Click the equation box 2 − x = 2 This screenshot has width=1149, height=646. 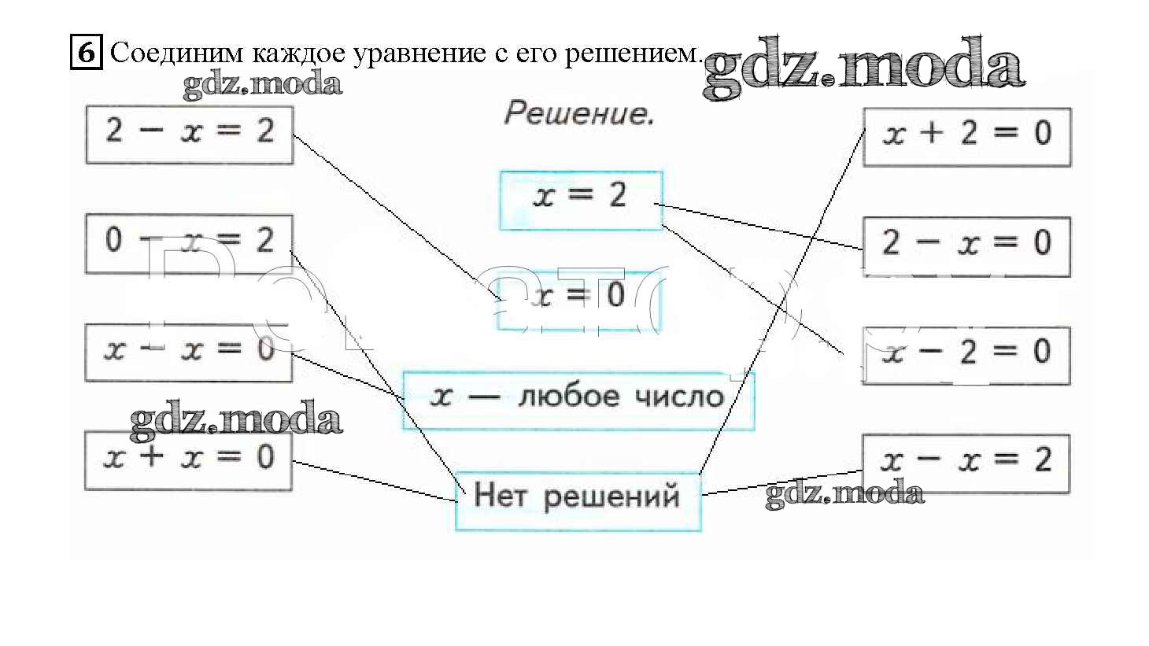pos(189,135)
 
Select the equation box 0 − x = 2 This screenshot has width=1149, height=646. pos(189,243)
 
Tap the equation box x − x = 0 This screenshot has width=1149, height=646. pos(189,352)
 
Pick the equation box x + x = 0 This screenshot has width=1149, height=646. pos(189,460)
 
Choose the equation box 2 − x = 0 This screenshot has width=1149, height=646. pos(966,246)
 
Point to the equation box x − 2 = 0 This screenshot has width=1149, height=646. pos(966,355)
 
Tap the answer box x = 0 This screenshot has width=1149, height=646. pos(579,300)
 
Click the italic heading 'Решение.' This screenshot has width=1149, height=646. pos(578,115)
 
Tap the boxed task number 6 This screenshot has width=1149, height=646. pos(86,54)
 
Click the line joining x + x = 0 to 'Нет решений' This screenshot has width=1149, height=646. pos(374,482)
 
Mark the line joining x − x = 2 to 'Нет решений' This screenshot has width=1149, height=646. pos(783,482)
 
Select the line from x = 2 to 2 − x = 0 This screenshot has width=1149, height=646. pos(759,227)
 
